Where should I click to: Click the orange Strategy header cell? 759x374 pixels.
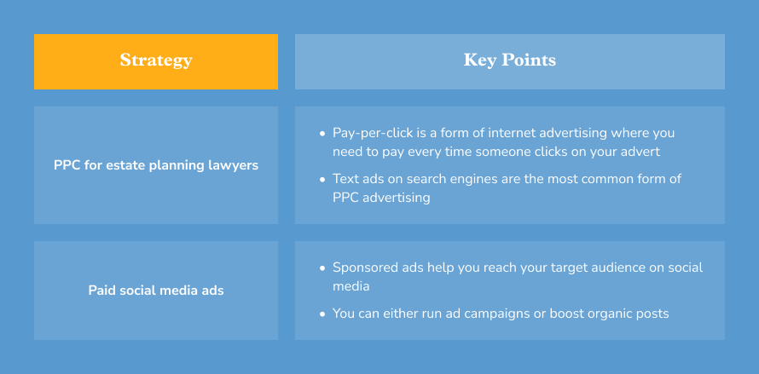click(x=156, y=61)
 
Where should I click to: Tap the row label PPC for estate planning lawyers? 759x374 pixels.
click(x=156, y=165)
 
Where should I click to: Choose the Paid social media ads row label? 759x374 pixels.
click(x=156, y=291)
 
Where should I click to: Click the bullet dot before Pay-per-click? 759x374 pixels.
click(x=322, y=134)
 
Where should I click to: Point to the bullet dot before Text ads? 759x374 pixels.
click(x=322, y=180)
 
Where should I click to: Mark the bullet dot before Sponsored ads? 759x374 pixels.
click(x=322, y=268)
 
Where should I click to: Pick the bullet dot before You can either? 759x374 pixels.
click(x=322, y=314)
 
